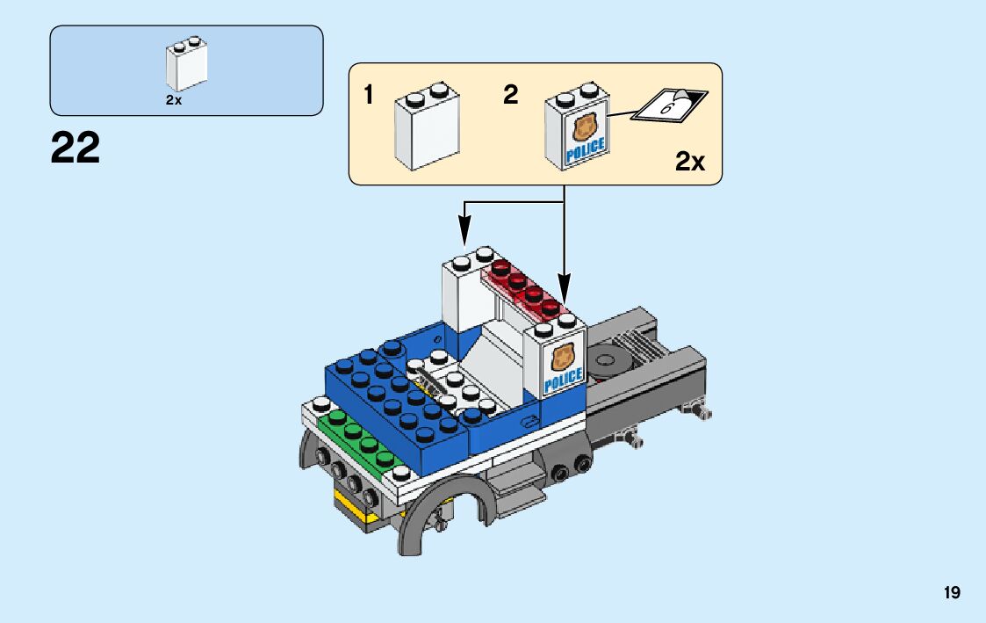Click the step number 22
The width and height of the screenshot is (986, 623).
point(76,148)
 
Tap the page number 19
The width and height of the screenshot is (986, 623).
point(953,593)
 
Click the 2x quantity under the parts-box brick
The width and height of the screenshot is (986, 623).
point(173,100)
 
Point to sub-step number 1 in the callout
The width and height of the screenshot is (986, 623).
point(370,95)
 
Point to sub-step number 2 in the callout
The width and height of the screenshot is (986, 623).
point(511,95)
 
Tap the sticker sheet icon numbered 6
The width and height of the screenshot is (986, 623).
point(670,105)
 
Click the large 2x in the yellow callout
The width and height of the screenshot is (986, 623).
point(690,162)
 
